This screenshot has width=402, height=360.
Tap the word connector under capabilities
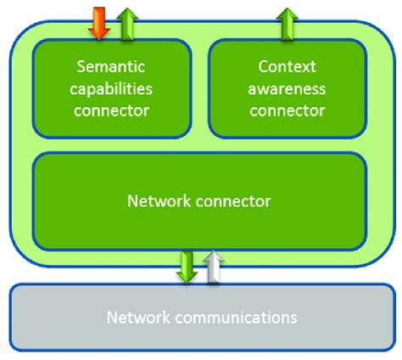pyautogui.click(x=112, y=109)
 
